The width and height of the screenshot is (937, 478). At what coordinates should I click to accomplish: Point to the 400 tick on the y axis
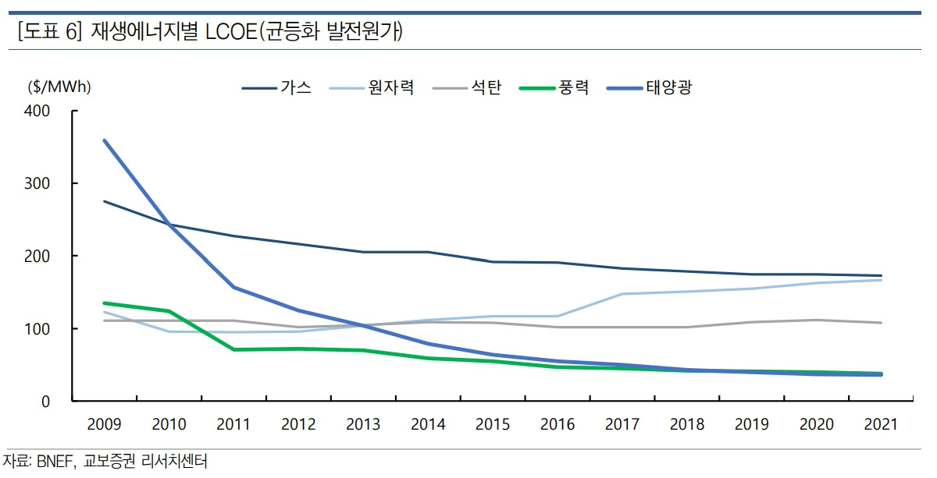coord(38,111)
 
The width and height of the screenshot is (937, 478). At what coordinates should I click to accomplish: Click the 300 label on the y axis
coord(38,183)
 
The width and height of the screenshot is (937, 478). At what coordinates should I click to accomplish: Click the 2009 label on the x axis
coord(104,424)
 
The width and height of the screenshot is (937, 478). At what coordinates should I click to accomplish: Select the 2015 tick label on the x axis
coord(493,424)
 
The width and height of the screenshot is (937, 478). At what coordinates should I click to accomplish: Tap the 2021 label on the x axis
coord(882,424)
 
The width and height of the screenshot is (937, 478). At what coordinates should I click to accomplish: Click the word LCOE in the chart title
coord(227,32)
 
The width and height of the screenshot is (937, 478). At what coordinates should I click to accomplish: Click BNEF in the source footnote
coord(55,462)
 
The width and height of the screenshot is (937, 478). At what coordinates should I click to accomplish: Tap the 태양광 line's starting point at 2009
coord(104,140)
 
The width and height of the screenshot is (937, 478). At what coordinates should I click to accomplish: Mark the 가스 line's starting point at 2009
coord(104,201)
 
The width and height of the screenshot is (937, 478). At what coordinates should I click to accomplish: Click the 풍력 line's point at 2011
coord(233,349)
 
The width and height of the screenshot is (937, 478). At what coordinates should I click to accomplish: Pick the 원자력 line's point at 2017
coord(622,294)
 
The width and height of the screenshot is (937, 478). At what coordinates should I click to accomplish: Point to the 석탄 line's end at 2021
coord(882,323)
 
